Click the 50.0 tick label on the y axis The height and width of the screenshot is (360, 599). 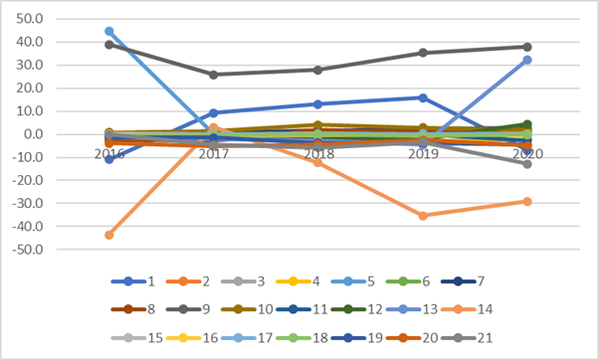30,18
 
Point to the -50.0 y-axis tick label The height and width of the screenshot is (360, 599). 28,250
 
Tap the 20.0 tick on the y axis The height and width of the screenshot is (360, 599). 30,88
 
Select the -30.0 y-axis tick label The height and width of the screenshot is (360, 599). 28,203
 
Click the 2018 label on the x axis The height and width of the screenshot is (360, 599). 318,154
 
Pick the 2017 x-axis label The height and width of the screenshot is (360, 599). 214,154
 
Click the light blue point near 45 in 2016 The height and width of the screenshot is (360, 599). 109,31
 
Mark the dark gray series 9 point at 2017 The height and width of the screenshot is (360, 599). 214,75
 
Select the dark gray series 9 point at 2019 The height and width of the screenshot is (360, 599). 423,53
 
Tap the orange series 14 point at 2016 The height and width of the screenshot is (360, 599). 109,235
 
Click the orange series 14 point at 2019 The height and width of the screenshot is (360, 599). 423,216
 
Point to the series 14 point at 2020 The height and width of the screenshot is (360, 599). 527,201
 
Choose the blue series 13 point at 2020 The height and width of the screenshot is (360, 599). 527,60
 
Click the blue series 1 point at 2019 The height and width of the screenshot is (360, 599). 423,98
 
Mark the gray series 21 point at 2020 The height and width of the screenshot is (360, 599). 527,164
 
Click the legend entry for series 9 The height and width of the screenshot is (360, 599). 188,309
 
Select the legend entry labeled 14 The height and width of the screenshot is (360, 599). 467,309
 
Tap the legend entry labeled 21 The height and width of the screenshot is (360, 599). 467,338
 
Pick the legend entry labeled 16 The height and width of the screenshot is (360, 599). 192,338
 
